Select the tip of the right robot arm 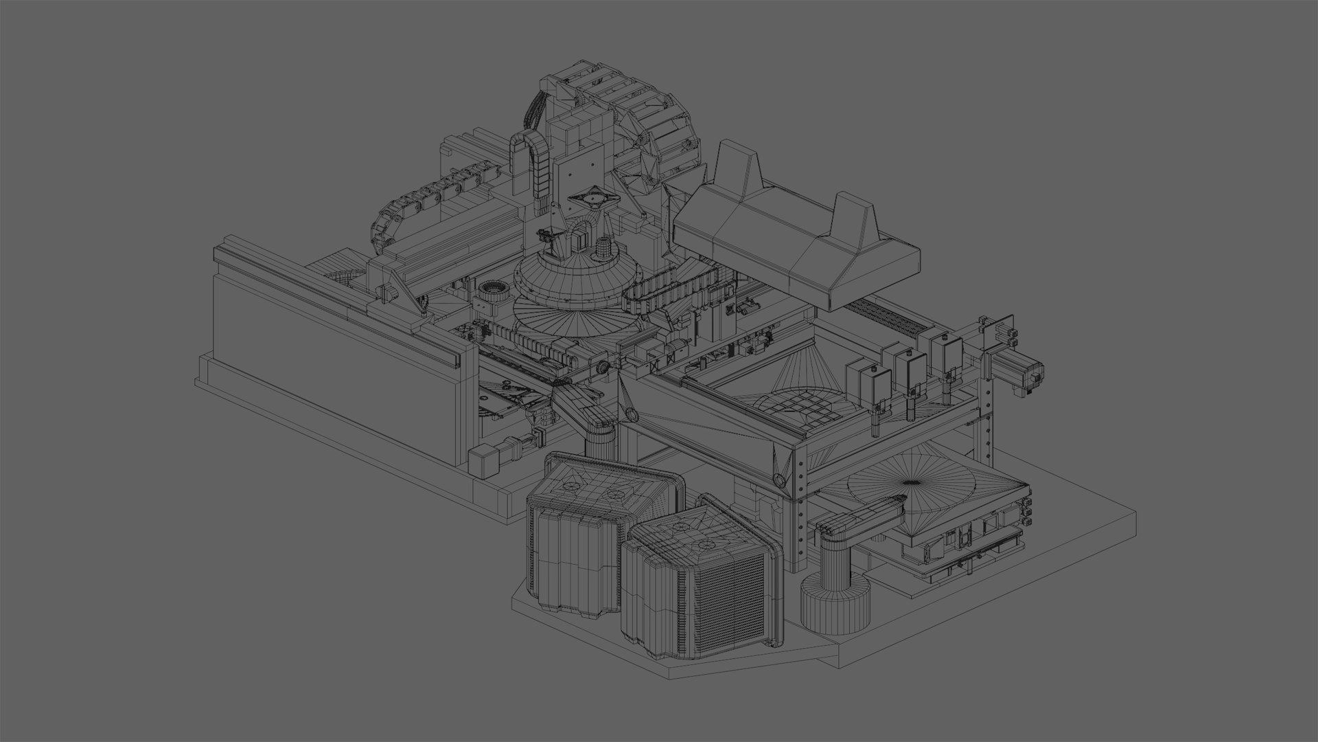[892, 501]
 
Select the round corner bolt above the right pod [779, 480]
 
